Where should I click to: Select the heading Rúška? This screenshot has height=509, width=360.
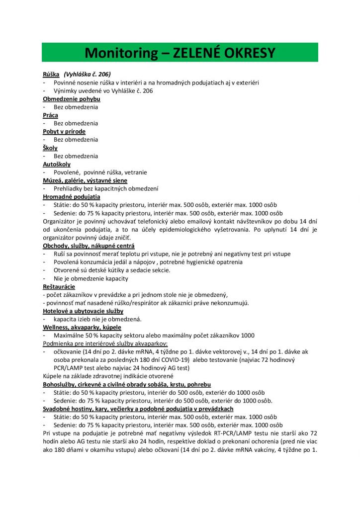51,74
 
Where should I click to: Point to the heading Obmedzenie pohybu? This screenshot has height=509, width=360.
72,99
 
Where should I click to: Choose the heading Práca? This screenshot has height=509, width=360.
50,115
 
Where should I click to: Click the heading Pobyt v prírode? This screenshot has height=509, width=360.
64,132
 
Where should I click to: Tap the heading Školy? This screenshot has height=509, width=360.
50,148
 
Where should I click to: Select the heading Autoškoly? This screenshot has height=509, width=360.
57,164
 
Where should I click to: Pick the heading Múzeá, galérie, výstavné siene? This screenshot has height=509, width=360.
85,180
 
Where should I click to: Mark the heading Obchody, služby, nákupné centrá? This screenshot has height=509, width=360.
89,246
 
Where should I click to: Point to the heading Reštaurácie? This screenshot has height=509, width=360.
59,287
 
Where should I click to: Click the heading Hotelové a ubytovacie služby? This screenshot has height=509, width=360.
83,311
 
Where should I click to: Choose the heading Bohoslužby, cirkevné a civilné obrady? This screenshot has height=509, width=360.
127,385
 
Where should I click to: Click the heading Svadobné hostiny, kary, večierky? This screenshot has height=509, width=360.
138,409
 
